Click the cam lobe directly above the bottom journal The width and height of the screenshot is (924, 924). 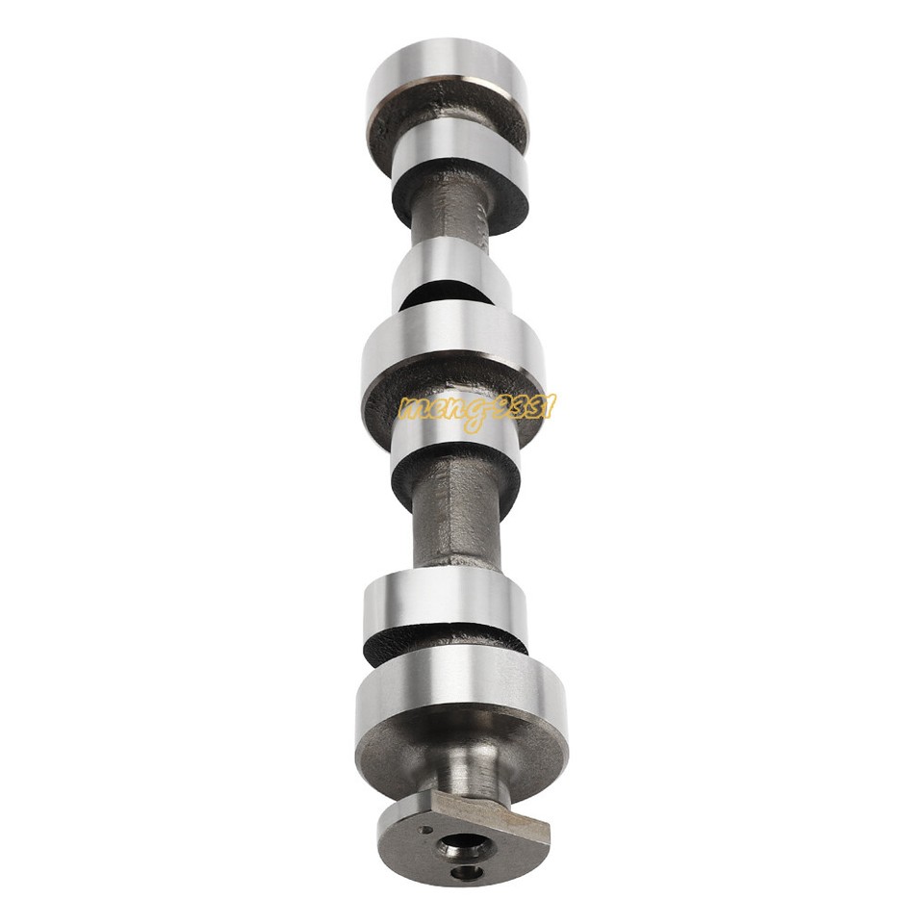pyautogui.click(x=445, y=601)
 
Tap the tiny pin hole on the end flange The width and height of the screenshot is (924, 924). pyautogui.click(x=423, y=829)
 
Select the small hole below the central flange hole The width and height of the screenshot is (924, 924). pyautogui.click(x=468, y=872)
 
